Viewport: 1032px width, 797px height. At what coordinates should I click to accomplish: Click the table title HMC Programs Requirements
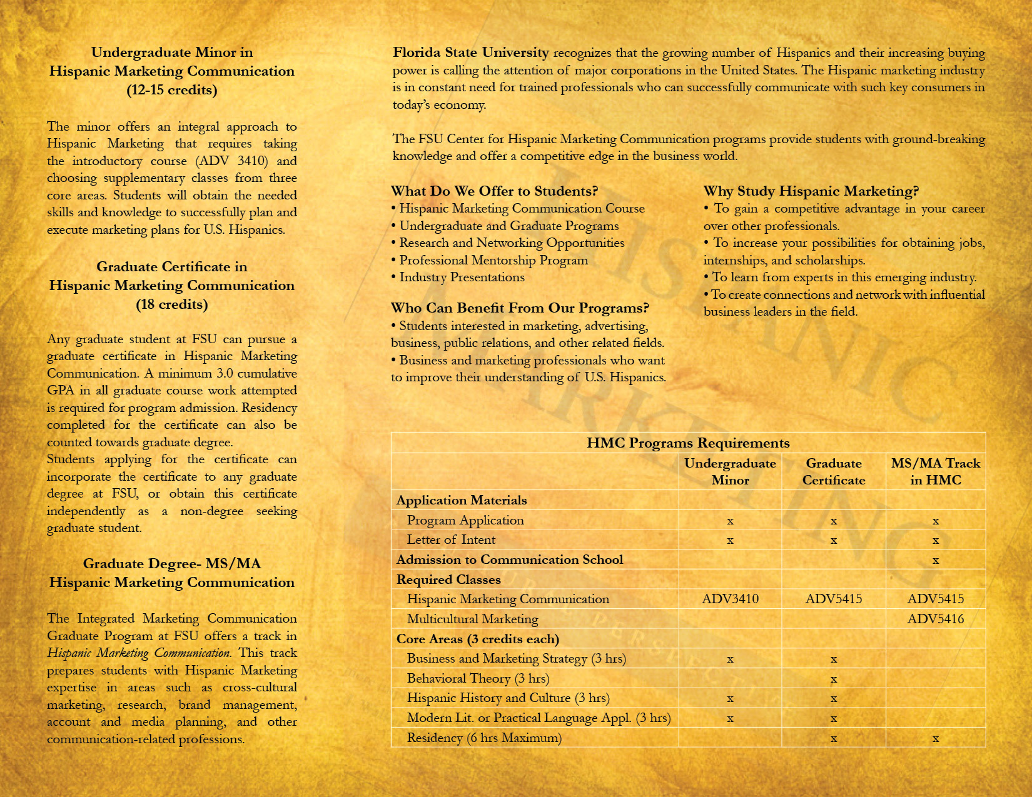(x=687, y=443)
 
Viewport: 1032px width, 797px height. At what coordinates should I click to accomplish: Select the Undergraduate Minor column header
(x=730, y=471)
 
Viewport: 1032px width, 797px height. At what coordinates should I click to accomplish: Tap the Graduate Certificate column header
(x=833, y=471)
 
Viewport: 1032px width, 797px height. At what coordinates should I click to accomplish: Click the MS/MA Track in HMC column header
(x=935, y=471)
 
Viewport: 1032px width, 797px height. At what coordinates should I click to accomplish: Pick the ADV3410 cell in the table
(x=730, y=599)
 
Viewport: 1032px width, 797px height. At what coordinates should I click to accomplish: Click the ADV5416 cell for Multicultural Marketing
(x=935, y=619)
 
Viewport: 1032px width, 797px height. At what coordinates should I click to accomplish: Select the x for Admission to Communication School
(x=935, y=560)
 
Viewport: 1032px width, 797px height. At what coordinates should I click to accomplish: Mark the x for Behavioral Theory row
(x=833, y=679)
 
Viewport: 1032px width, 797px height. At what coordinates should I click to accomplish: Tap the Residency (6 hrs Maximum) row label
(x=484, y=738)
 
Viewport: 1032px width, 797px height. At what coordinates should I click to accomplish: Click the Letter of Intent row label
(x=451, y=539)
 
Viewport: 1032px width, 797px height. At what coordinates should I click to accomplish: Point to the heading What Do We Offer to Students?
(x=494, y=191)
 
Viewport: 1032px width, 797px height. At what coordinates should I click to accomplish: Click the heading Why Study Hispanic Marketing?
(x=811, y=191)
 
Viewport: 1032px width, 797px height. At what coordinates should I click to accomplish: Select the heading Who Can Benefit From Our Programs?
(x=520, y=308)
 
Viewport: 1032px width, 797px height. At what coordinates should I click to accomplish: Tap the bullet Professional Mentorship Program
(x=493, y=260)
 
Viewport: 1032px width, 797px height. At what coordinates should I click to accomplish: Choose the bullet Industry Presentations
(x=462, y=277)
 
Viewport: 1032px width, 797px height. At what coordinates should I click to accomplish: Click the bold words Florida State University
(x=470, y=53)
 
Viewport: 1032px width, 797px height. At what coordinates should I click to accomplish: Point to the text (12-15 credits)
(x=172, y=90)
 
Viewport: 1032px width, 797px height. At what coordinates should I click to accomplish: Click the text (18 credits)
(x=172, y=304)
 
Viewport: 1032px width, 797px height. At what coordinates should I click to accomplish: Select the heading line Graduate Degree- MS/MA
(x=172, y=564)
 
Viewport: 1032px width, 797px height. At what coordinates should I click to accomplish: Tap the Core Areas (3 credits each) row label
(x=477, y=639)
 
